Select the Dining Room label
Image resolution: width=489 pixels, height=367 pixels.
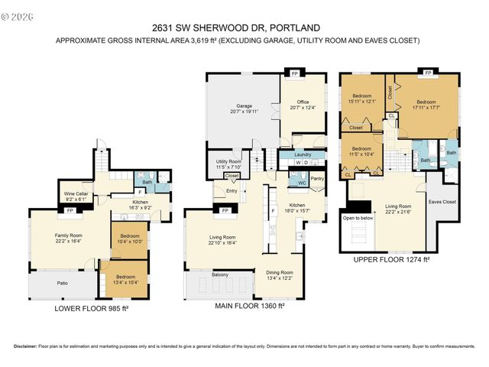pyautogui.click(x=279, y=273)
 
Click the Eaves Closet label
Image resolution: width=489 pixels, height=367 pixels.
pyautogui.click(x=442, y=203)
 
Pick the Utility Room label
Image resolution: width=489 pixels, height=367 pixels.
pyautogui.click(x=228, y=162)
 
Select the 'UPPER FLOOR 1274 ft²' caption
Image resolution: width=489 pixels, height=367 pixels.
pyautogui.click(x=391, y=260)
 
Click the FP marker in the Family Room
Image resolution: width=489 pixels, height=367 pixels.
pyautogui.click(x=70, y=210)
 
